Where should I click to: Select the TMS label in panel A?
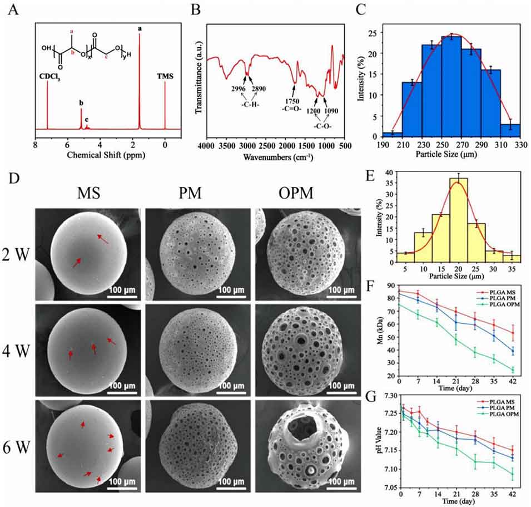[x=165, y=76]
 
